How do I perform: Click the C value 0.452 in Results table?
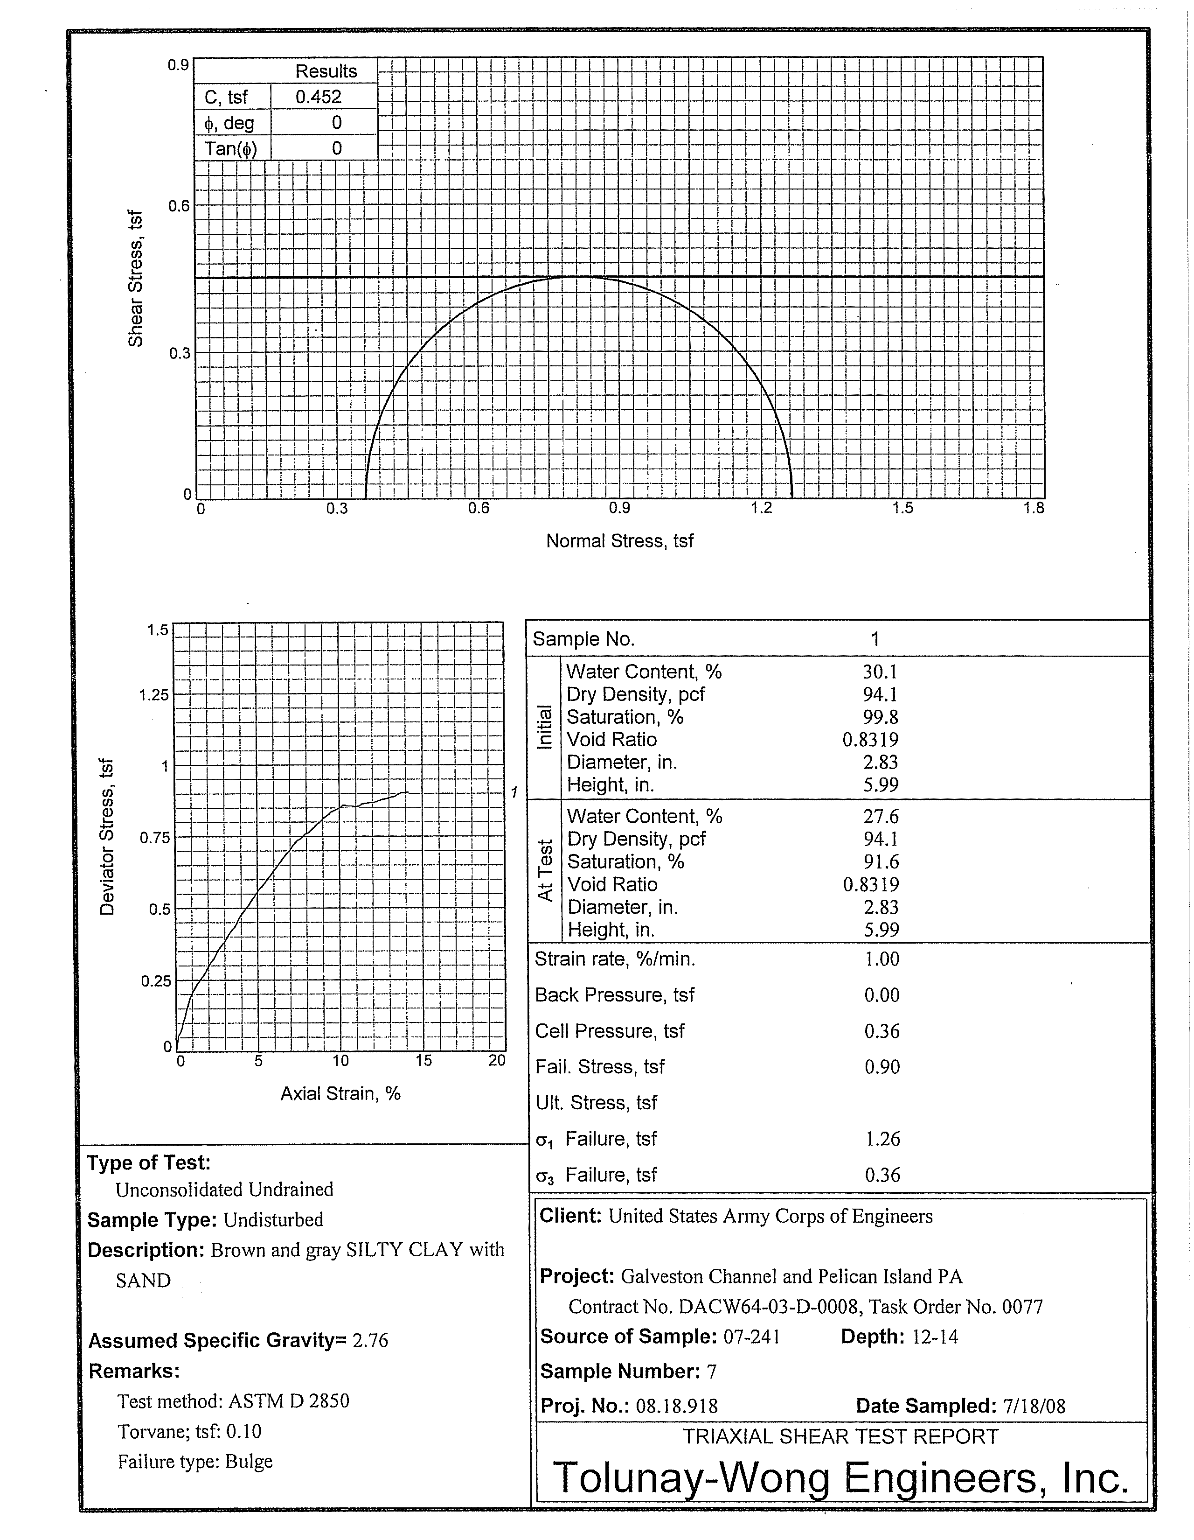coord(318,97)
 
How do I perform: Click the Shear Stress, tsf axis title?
coord(135,279)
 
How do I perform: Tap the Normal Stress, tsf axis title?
coord(619,541)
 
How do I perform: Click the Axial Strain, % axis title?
coord(340,1094)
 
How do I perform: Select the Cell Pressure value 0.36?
coord(882,1031)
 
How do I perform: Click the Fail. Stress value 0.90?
coord(882,1067)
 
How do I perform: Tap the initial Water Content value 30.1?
coord(881,672)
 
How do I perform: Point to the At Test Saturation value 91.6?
coord(881,861)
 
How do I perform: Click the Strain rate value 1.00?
coord(882,959)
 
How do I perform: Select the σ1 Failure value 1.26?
coord(882,1139)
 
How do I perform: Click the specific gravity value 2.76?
coord(370,1340)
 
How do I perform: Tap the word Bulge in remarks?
coord(249,1462)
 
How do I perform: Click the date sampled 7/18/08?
coord(1033,1406)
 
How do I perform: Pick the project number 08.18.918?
coord(677,1406)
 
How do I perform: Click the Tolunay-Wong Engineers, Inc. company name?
coord(840,1479)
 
